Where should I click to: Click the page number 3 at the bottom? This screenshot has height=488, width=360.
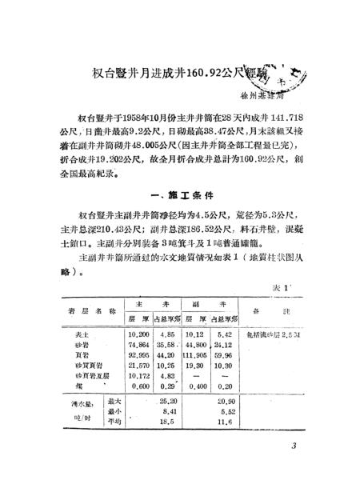click(294, 446)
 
